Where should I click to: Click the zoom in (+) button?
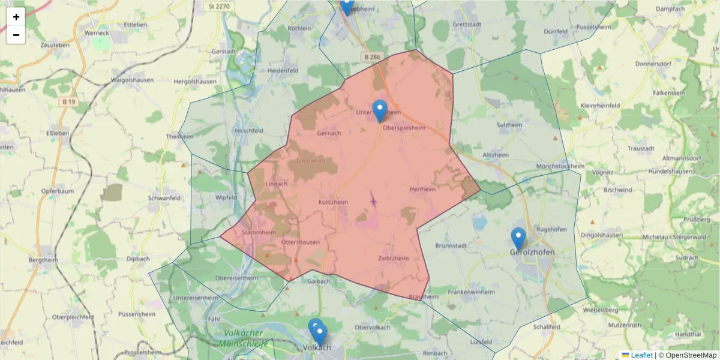(x=16, y=17)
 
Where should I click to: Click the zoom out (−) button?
(x=16, y=35)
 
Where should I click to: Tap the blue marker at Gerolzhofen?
(x=518, y=238)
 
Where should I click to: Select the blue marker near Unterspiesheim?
(x=379, y=110)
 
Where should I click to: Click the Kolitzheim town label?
(x=333, y=203)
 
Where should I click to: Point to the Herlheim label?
(x=422, y=189)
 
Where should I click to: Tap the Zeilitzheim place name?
(x=394, y=258)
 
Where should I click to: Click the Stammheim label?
(x=257, y=232)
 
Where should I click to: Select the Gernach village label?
(x=329, y=133)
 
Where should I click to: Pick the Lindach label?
(x=276, y=184)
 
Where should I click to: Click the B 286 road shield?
(x=371, y=57)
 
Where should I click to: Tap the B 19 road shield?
(x=69, y=102)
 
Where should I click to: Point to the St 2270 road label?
(x=219, y=7)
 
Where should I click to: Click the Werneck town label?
(x=98, y=34)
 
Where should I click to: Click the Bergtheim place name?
(x=43, y=260)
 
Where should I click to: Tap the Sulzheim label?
(x=510, y=125)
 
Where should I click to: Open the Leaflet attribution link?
(x=641, y=355)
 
